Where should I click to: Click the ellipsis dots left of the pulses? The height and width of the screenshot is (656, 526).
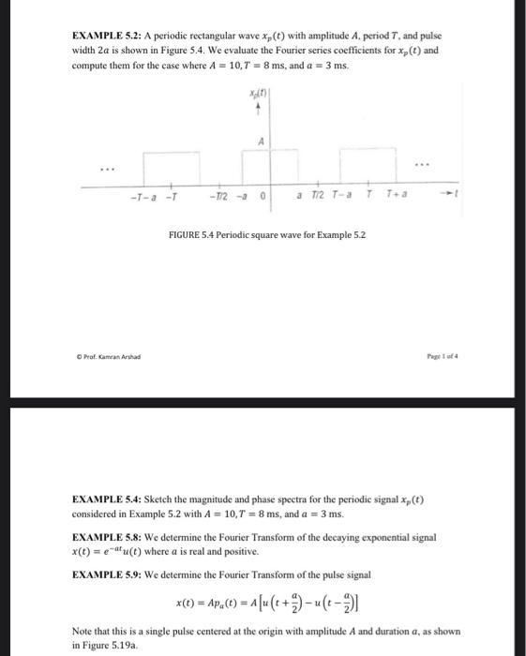pyautogui.click(x=110, y=170)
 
